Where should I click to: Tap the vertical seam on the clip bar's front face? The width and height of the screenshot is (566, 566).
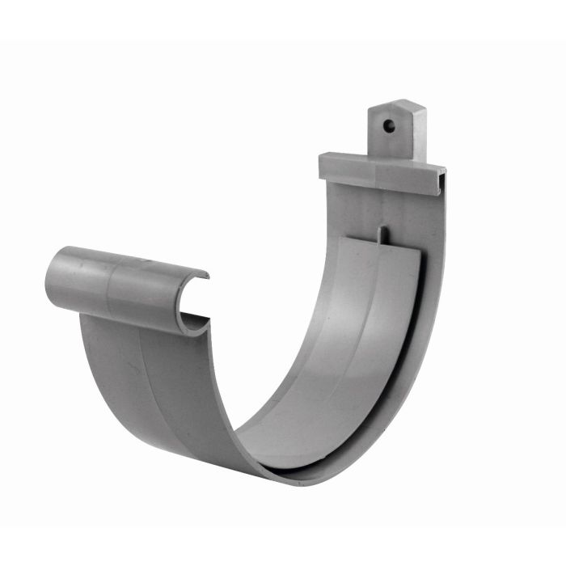click(374, 172)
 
